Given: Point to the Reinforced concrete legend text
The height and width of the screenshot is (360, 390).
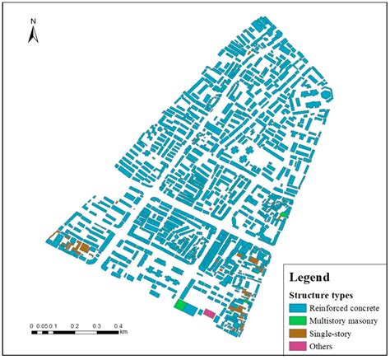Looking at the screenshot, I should (343, 307).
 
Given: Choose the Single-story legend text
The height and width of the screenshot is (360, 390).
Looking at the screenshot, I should (330, 334).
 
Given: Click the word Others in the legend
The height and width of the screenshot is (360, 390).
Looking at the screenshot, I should (322, 347).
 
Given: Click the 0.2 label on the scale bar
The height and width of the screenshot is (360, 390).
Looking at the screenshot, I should (74, 325).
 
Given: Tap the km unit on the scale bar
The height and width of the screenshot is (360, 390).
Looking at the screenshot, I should (123, 334).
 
